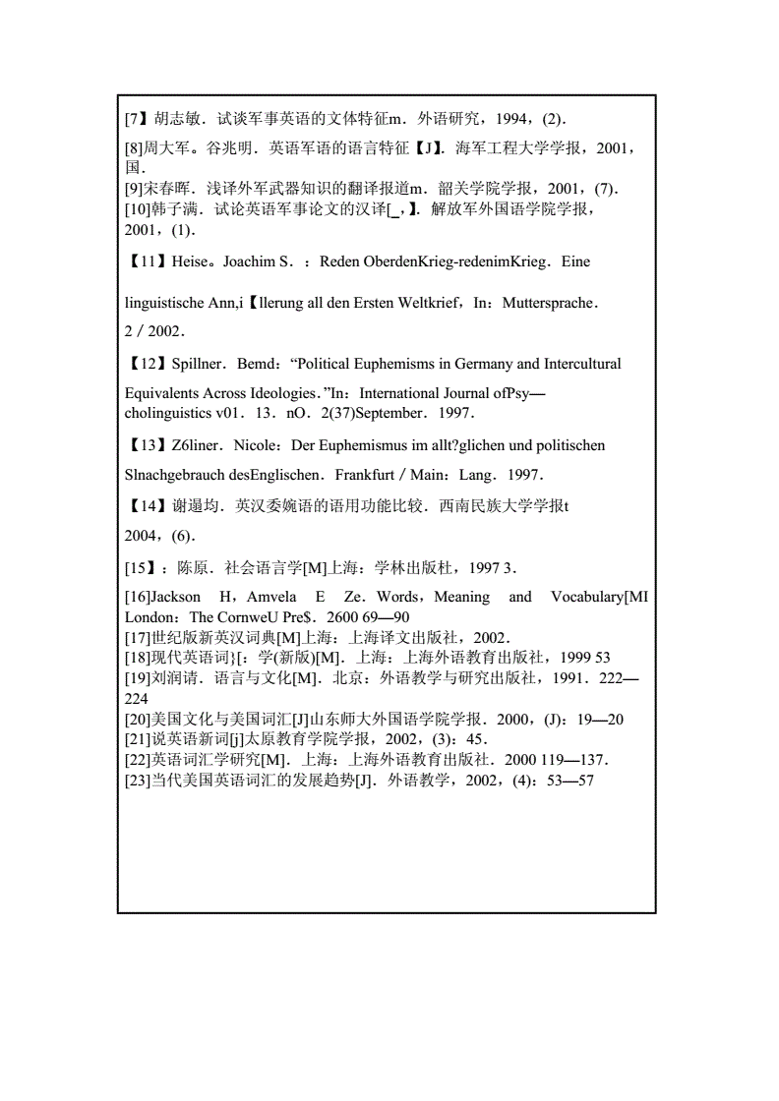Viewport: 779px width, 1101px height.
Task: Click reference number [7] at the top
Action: point(136,119)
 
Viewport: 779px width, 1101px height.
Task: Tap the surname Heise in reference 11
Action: point(190,262)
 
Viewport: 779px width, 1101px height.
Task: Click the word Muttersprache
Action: point(549,303)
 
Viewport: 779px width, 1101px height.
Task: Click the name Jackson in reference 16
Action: point(176,597)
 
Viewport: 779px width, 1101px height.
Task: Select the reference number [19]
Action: point(137,678)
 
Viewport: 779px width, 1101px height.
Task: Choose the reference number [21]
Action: point(137,739)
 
